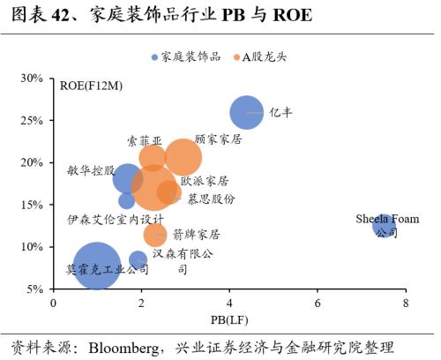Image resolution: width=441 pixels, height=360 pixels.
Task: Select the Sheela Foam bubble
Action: (x=384, y=227)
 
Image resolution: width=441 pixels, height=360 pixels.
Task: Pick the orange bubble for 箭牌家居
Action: (x=155, y=235)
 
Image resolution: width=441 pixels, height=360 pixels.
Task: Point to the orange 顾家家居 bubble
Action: (x=183, y=157)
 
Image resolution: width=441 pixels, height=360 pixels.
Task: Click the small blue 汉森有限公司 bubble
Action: (x=138, y=260)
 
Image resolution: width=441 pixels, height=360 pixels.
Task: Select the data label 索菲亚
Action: (x=144, y=139)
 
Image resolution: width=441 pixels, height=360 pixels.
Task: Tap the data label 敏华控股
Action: (x=90, y=170)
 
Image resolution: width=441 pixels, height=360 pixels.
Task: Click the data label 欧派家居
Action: (x=205, y=180)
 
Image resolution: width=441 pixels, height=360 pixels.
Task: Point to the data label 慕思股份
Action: (x=211, y=199)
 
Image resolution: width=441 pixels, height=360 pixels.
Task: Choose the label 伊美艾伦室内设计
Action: (x=116, y=218)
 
